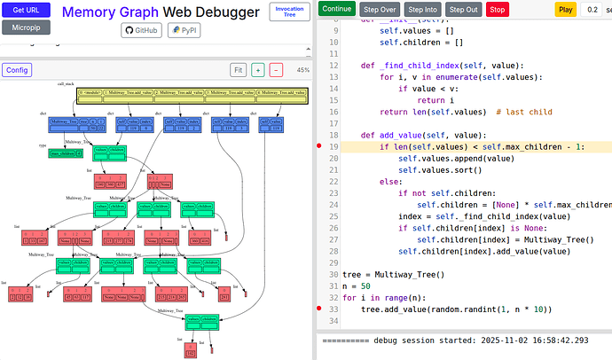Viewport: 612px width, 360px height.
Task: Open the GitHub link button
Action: pos(141,30)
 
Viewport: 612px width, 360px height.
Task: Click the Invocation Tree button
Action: pos(289,12)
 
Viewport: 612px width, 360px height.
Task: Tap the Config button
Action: pos(16,69)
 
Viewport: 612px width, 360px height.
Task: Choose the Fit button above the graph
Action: pos(238,70)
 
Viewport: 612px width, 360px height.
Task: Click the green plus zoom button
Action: pos(257,70)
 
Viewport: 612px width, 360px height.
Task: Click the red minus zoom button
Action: pos(276,70)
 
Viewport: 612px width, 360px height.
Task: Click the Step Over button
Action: pos(380,9)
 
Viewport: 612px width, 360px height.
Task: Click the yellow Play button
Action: pos(565,9)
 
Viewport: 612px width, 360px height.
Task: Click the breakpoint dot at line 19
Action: pos(320,145)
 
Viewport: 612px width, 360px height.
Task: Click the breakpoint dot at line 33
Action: pos(320,309)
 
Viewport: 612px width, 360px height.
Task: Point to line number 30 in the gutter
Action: pos(333,274)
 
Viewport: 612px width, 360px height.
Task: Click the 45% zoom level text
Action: pos(302,70)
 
